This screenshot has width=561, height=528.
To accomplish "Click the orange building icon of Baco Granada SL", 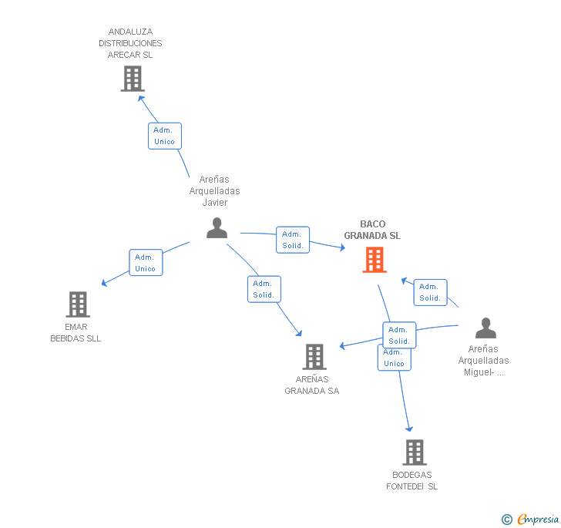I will [375, 260].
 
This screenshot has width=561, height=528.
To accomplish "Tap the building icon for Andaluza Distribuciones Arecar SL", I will [133, 79].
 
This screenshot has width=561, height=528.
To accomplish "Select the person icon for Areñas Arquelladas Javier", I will [217, 228].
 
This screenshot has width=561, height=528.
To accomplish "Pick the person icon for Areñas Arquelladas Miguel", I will [485, 328].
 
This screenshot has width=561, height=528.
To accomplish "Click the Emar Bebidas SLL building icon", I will [78, 304].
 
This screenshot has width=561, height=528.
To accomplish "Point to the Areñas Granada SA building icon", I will [314, 357].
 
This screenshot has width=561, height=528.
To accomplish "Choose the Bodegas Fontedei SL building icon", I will [415, 452].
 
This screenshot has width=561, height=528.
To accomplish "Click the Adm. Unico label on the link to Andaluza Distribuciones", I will [164, 136].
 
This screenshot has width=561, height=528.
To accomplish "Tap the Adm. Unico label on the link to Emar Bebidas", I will [145, 263].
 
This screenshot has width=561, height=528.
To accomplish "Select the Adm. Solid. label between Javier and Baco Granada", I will [292, 240].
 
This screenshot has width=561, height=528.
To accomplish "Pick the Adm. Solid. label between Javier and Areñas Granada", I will [264, 289].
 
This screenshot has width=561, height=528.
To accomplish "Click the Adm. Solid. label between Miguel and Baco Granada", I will [430, 292].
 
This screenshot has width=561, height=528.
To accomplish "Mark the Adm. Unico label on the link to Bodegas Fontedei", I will [394, 358].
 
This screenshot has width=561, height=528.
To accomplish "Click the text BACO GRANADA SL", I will [372, 230].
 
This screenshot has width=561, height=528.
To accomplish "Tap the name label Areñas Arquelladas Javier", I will [214, 191].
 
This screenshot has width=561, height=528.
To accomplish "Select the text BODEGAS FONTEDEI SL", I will [412, 480].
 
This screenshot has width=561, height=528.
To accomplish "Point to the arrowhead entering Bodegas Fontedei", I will [409, 429].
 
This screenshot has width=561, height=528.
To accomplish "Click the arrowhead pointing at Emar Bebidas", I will [104, 283].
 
